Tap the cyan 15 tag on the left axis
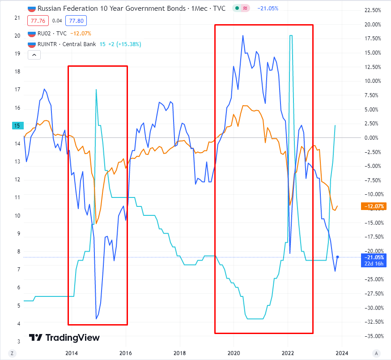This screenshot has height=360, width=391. coord(17,126)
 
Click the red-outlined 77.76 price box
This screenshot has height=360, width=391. coord(38,21)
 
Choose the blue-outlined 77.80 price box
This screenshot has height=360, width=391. coord(76,21)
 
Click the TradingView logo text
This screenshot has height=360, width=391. coord(65,338)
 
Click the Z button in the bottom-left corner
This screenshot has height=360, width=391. coord(12,352)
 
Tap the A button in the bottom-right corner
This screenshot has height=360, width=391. coord(377,352)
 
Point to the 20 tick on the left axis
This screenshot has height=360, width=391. coord(17,36)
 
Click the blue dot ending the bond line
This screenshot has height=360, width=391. coord(338,257)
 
